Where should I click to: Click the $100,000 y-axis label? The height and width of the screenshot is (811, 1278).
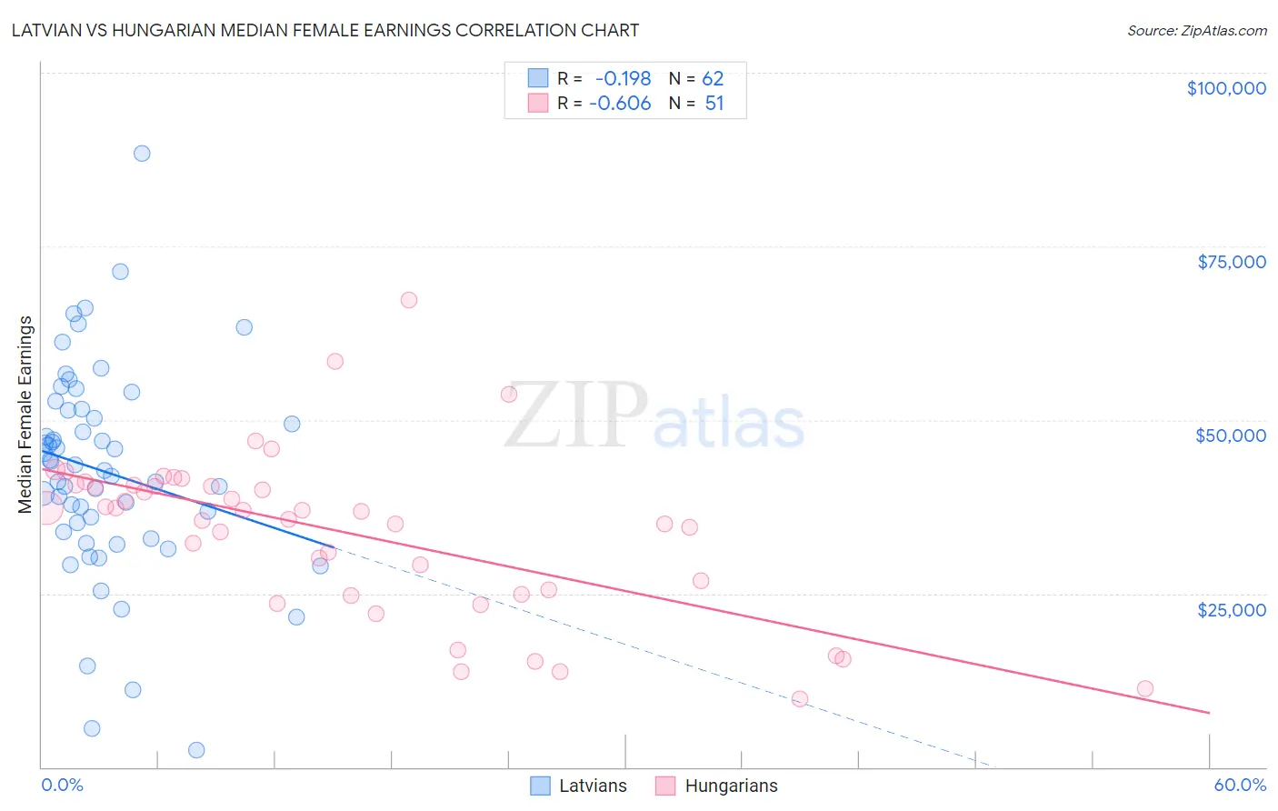click(1226, 88)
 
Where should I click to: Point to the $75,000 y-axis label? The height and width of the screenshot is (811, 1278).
click(1231, 262)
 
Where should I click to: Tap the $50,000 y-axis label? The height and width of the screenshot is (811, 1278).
click(1230, 436)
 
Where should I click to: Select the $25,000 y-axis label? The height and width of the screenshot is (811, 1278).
click(1231, 609)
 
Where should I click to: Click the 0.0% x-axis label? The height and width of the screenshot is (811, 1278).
click(62, 785)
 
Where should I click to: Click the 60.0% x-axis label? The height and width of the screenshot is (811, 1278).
click(1239, 785)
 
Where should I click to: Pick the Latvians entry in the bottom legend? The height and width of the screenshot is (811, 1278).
click(578, 786)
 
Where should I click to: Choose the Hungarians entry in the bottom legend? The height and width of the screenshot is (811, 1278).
click(716, 786)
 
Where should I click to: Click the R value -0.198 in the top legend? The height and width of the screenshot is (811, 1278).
click(623, 79)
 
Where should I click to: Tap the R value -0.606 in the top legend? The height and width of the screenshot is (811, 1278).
click(620, 104)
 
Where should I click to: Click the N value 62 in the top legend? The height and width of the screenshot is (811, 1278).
click(713, 79)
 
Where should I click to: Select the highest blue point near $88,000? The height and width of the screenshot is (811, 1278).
click(142, 153)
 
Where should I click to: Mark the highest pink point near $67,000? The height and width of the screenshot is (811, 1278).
click(409, 300)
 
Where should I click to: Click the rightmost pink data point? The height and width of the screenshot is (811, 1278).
click(1145, 688)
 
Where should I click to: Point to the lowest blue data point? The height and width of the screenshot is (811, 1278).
click(196, 750)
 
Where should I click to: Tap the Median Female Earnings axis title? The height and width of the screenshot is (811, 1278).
click(25, 415)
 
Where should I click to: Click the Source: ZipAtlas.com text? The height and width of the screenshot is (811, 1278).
click(1196, 30)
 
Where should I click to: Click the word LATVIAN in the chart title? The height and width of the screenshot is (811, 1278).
click(45, 30)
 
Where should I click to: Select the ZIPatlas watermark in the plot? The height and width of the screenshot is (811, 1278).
click(654, 416)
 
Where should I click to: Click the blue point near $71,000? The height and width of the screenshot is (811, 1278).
click(120, 271)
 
